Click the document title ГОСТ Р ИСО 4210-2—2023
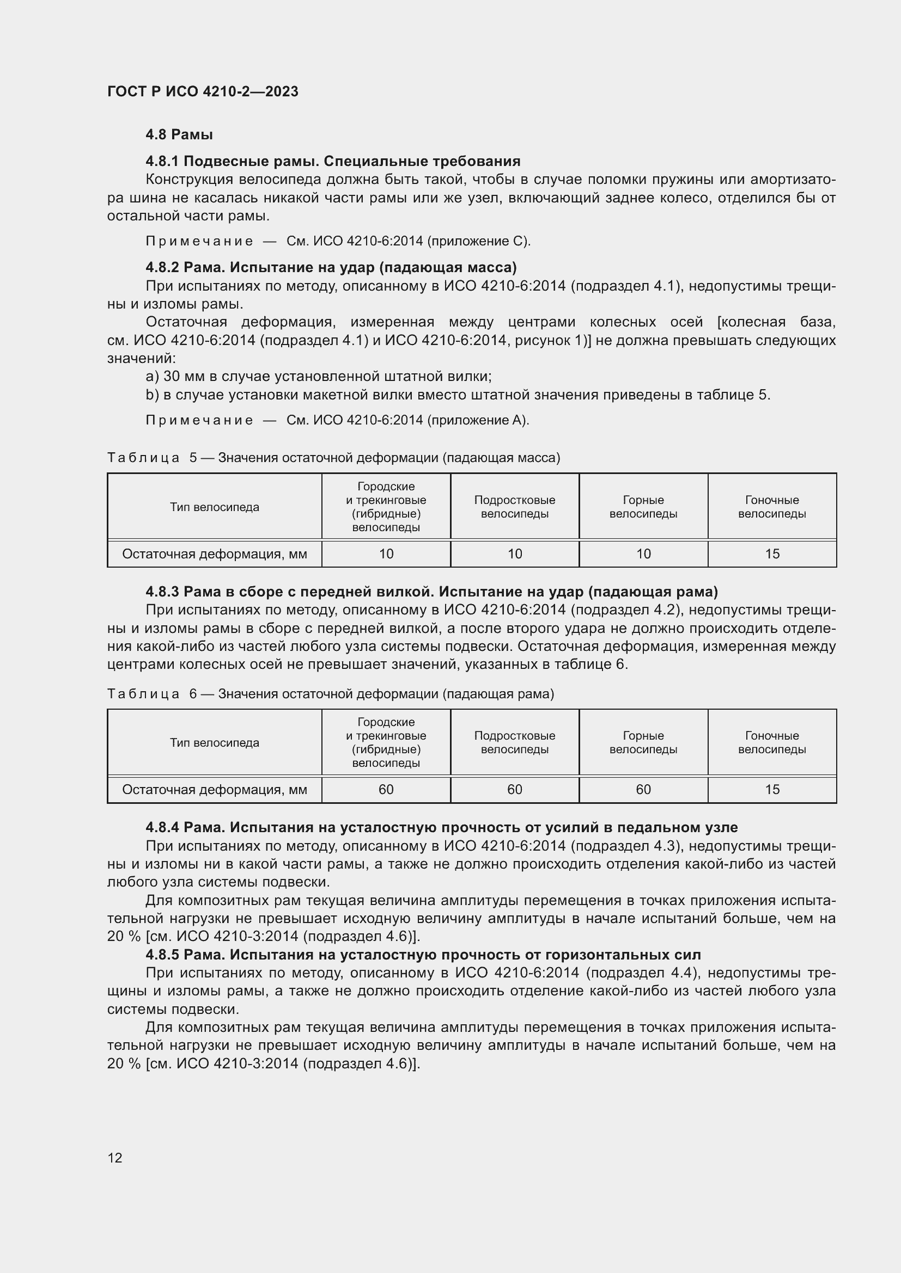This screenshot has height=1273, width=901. (x=203, y=91)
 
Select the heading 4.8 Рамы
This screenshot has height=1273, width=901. (x=179, y=135)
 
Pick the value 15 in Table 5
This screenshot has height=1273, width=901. (x=772, y=554)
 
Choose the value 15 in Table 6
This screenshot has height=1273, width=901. (x=772, y=790)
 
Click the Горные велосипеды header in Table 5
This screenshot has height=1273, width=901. (x=643, y=507)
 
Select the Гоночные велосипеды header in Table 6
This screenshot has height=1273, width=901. (x=772, y=742)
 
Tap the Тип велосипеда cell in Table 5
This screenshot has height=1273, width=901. (x=214, y=507)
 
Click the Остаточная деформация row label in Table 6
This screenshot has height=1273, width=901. (x=214, y=790)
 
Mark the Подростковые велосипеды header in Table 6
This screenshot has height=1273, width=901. (x=514, y=742)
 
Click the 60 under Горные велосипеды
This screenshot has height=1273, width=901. (x=643, y=790)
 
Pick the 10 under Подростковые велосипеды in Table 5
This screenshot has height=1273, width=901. (x=514, y=554)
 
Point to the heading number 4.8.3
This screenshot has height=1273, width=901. (x=162, y=592)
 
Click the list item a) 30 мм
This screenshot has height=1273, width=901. (x=319, y=377)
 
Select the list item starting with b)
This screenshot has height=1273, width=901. (x=458, y=395)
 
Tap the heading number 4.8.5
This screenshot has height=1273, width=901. (x=162, y=955)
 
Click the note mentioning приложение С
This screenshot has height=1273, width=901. (x=338, y=241)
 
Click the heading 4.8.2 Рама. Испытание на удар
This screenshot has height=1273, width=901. (x=331, y=268)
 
